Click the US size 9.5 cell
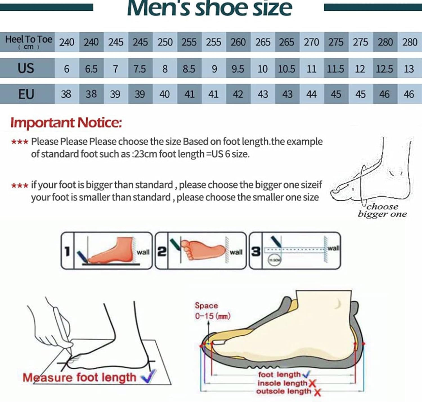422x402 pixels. [x=238, y=69]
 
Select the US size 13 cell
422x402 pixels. [x=409, y=69]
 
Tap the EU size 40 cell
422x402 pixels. [x=165, y=94]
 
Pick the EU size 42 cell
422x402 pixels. [x=238, y=94]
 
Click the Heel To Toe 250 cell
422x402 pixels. [x=165, y=42]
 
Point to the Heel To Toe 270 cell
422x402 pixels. [x=311, y=42]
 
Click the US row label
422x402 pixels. [x=26, y=68]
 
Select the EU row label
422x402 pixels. [x=26, y=94]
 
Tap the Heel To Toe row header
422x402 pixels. [x=28, y=42]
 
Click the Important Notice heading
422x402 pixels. [x=66, y=123]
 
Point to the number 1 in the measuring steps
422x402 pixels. [x=67, y=251]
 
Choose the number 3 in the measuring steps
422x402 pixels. [x=256, y=251]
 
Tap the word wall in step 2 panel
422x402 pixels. [x=236, y=252]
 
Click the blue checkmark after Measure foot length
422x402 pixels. [x=148, y=376]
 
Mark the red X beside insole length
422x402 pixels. [x=312, y=383]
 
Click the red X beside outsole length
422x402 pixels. [x=317, y=392]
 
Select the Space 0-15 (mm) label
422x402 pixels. [x=212, y=311]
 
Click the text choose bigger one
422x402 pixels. [x=382, y=210]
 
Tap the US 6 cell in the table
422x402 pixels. [x=67, y=69]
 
